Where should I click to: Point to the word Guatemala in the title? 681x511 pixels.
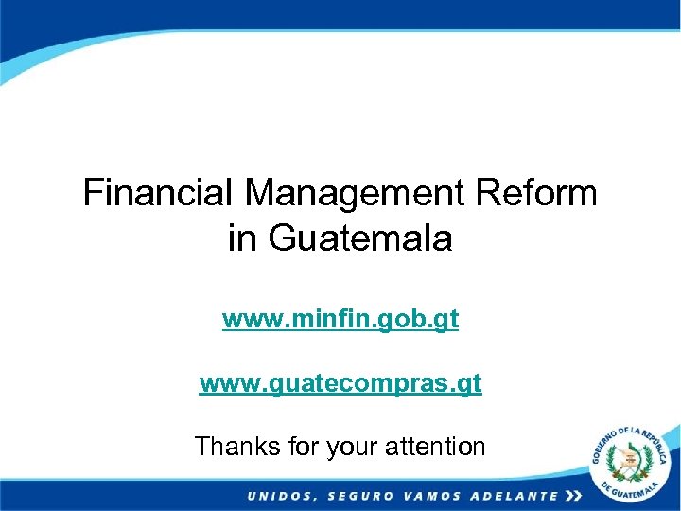(x=360, y=238)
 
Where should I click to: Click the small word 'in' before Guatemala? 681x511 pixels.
(x=241, y=238)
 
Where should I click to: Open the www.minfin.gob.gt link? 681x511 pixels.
(x=340, y=320)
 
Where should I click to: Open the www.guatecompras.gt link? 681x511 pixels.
(x=340, y=384)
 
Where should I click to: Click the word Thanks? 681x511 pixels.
(x=233, y=446)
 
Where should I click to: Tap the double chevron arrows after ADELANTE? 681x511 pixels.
(x=573, y=496)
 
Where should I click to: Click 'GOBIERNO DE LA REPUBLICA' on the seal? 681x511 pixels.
(x=624, y=438)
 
